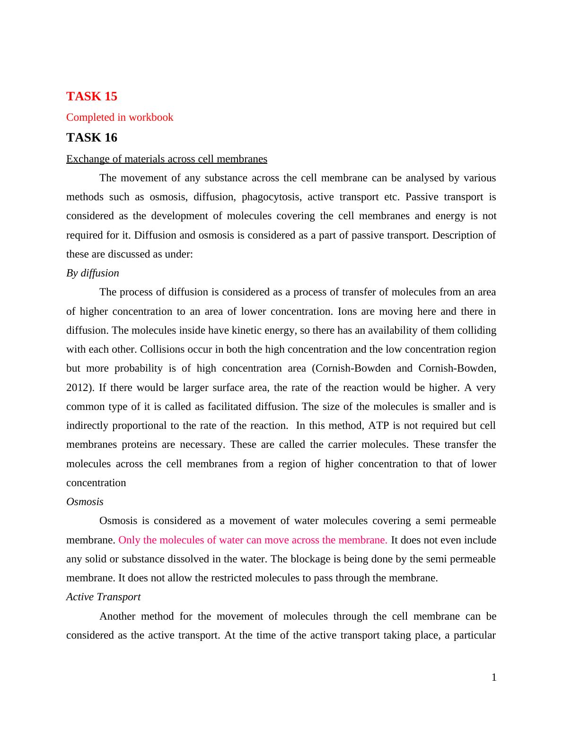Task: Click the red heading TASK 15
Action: click(x=91, y=96)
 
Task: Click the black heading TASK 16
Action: click(x=91, y=137)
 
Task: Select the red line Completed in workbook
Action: click(x=120, y=117)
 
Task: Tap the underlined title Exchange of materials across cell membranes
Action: click(x=167, y=159)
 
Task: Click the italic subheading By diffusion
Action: click(x=93, y=273)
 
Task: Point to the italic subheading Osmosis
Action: click(x=85, y=502)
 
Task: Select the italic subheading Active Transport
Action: click(x=103, y=597)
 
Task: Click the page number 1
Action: click(x=494, y=677)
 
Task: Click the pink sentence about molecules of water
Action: click(x=253, y=540)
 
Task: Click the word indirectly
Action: click(x=87, y=426)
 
